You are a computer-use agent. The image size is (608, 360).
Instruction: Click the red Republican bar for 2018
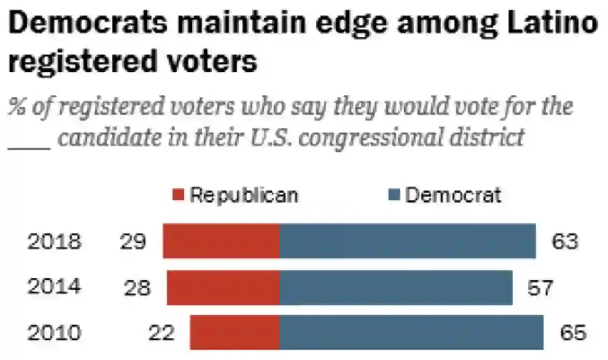pyautogui.click(x=221, y=241)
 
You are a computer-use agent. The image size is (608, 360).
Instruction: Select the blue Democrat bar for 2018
pyautogui.click(x=407, y=241)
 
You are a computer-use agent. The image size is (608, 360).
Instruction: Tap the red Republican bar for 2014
pyautogui.click(x=223, y=287)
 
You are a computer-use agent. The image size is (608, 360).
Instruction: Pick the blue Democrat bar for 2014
pyautogui.click(x=396, y=287)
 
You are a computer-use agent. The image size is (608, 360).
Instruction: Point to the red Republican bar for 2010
pyautogui.click(x=235, y=332)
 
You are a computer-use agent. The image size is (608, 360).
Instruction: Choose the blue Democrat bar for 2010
pyautogui.click(x=411, y=332)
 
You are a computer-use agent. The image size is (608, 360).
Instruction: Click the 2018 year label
pyautogui.click(x=54, y=242)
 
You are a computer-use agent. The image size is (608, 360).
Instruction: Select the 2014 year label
pyautogui.click(x=54, y=287)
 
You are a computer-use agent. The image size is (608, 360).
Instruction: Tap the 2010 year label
pyautogui.click(x=54, y=333)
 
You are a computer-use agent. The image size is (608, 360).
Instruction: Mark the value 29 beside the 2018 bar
pyautogui.click(x=133, y=242)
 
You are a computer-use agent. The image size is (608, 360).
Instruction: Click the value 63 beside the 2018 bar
pyautogui.click(x=565, y=242)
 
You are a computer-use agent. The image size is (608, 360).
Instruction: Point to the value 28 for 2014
pyautogui.click(x=137, y=288)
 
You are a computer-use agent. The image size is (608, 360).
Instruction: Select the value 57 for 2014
pyautogui.click(x=540, y=288)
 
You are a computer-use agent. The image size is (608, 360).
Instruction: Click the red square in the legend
pyautogui.click(x=178, y=195)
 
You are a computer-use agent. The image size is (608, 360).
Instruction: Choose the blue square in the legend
pyautogui.click(x=394, y=195)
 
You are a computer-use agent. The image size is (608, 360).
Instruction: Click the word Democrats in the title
pyautogui.click(x=88, y=23)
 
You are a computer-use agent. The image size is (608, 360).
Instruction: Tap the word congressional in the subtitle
pyautogui.click(x=369, y=137)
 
